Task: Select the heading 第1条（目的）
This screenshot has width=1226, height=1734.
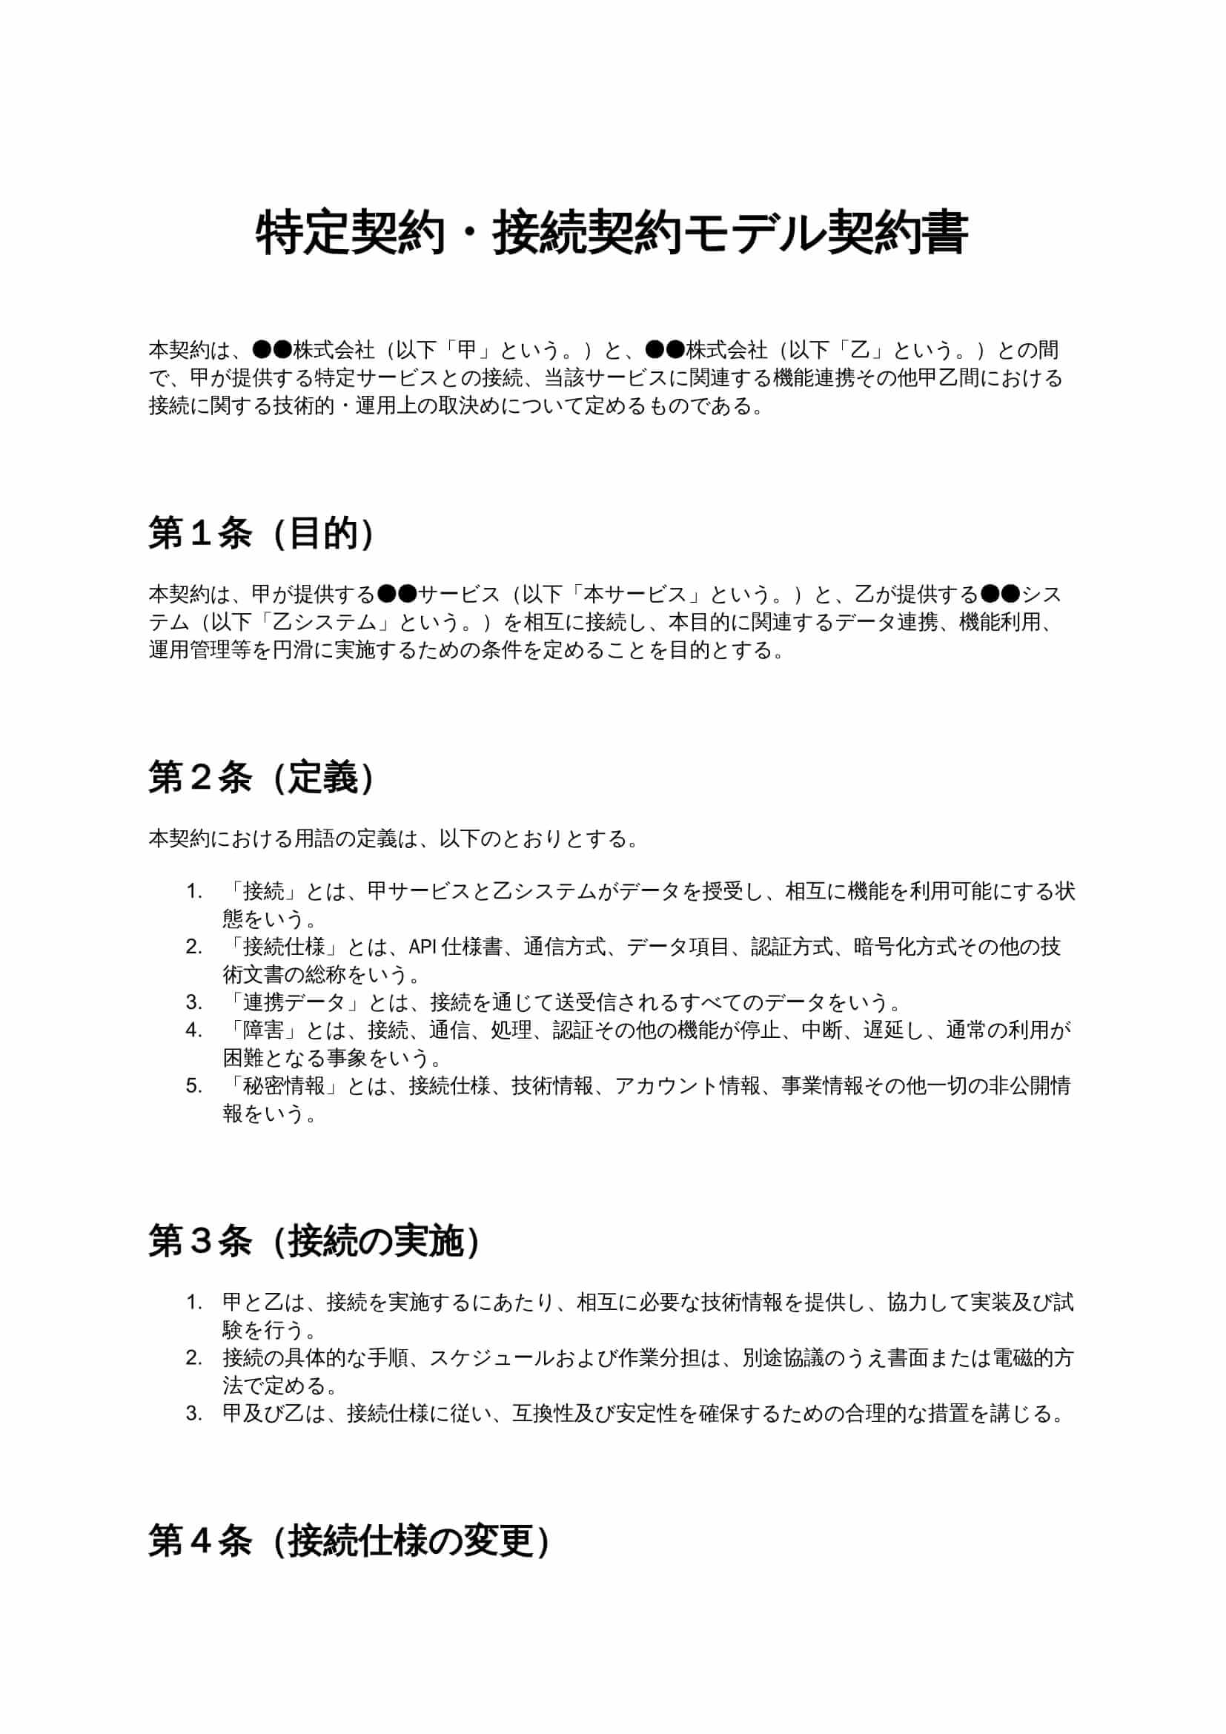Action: [261, 534]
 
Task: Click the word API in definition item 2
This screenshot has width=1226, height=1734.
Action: [423, 947]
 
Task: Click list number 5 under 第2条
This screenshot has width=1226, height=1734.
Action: [194, 1086]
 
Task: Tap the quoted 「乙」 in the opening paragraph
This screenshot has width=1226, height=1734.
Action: [860, 350]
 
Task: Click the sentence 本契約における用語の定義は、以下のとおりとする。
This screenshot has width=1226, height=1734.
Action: [393, 838]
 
